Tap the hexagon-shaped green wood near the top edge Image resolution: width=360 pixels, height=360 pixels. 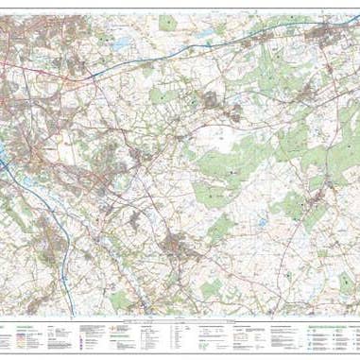pyautogui.click(x=168, y=20)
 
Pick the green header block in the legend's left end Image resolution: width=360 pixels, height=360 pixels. pyautogui.click(x=18, y=324)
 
